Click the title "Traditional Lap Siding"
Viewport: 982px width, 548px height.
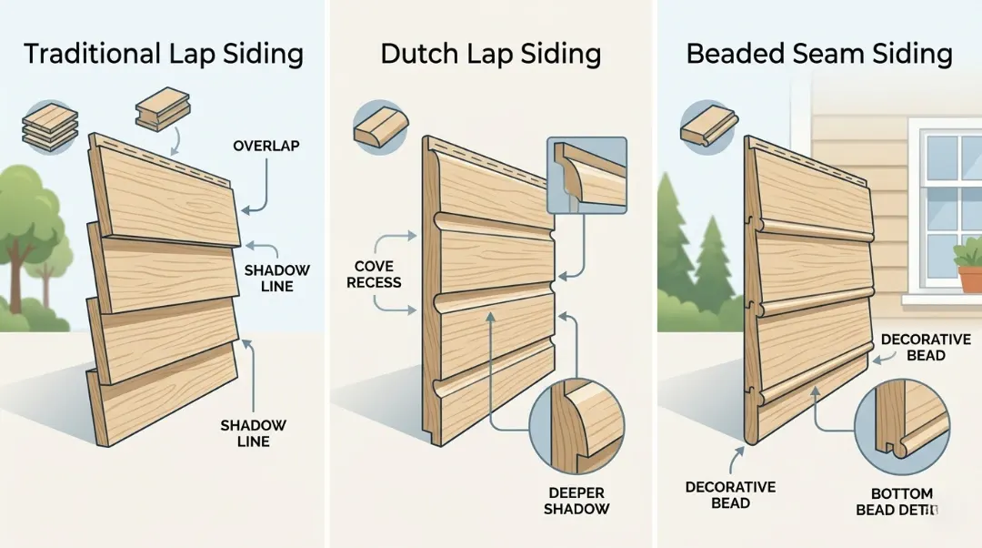point(164,53)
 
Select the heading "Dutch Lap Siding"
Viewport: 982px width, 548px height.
point(490,53)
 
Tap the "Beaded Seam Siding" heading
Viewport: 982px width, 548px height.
point(818,53)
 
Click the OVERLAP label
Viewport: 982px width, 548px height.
point(266,146)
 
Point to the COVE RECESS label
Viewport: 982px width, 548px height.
point(374,274)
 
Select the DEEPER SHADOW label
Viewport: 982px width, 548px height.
point(576,500)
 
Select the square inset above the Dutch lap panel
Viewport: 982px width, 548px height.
point(587,175)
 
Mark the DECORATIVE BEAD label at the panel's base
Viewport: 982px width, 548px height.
point(731,495)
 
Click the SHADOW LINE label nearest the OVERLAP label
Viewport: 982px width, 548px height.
point(276,278)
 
